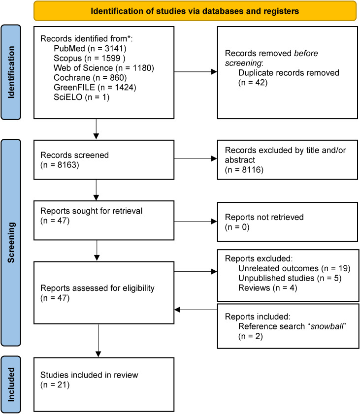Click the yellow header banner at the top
pos(195,10)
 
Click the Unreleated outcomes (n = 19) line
pos(294,268)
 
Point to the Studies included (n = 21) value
pos(55,384)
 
